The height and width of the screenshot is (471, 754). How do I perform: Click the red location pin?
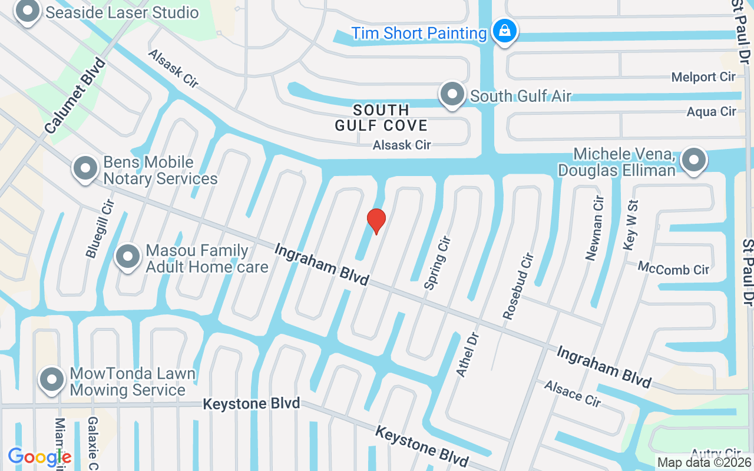[x=376, y=221]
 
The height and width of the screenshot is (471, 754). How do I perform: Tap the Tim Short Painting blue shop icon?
[x=505, y=31]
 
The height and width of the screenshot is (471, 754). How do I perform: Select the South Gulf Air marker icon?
[x=452, y=94]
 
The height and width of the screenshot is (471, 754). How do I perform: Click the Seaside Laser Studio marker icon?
[x=28, y=11]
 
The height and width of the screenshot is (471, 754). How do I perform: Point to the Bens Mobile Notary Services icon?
[x=85, y=168]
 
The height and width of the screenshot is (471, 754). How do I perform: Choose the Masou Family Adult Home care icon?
[x=128, y=257]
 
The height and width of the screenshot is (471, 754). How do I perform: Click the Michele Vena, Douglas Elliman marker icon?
[x=694, y=160]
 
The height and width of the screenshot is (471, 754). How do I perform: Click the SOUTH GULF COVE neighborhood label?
[x=381, y=118]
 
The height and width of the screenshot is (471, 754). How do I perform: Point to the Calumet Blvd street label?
[x=75, y=95]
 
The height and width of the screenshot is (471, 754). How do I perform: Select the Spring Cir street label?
[x=438, y=263]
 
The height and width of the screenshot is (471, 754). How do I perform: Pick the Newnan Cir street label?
[x=595, y=228]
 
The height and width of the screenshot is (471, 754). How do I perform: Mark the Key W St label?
[x=630, y=225]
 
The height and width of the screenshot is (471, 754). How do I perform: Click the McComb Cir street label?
[x=674, y=269]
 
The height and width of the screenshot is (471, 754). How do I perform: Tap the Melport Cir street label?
[x=703, y=77]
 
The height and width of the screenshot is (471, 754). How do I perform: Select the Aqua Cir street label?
[x=712, y=111]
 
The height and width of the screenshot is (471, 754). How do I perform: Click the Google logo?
[x=39, y=457]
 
